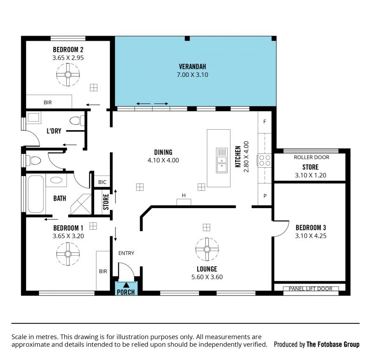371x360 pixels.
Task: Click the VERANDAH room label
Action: (192, 67)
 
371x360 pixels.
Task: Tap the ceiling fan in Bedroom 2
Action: (68, 75)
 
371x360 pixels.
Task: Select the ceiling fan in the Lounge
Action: (207, 249)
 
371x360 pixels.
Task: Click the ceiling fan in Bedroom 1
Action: (68, 254)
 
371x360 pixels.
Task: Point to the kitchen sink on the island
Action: (222, 160)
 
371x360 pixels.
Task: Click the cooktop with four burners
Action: (264, 160)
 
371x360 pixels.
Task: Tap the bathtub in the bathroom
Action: (36, 194)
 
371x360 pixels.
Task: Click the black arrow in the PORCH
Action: (126, 285)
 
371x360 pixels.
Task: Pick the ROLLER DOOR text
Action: (311, 158)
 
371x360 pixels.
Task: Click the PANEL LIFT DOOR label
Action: (310, 289)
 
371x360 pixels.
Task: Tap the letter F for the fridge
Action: (265, 121)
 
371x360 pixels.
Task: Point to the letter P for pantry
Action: (265, 196)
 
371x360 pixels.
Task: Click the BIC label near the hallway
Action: (102, 182)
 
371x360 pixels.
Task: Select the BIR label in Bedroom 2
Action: (48, 102)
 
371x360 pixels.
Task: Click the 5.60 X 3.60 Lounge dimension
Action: (207, 277)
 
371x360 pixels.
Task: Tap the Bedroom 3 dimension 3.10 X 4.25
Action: (311, 236)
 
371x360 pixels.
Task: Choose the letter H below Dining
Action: (184, 196)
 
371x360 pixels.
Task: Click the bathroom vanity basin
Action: (56, 180)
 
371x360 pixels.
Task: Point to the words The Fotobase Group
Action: (333, 344)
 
